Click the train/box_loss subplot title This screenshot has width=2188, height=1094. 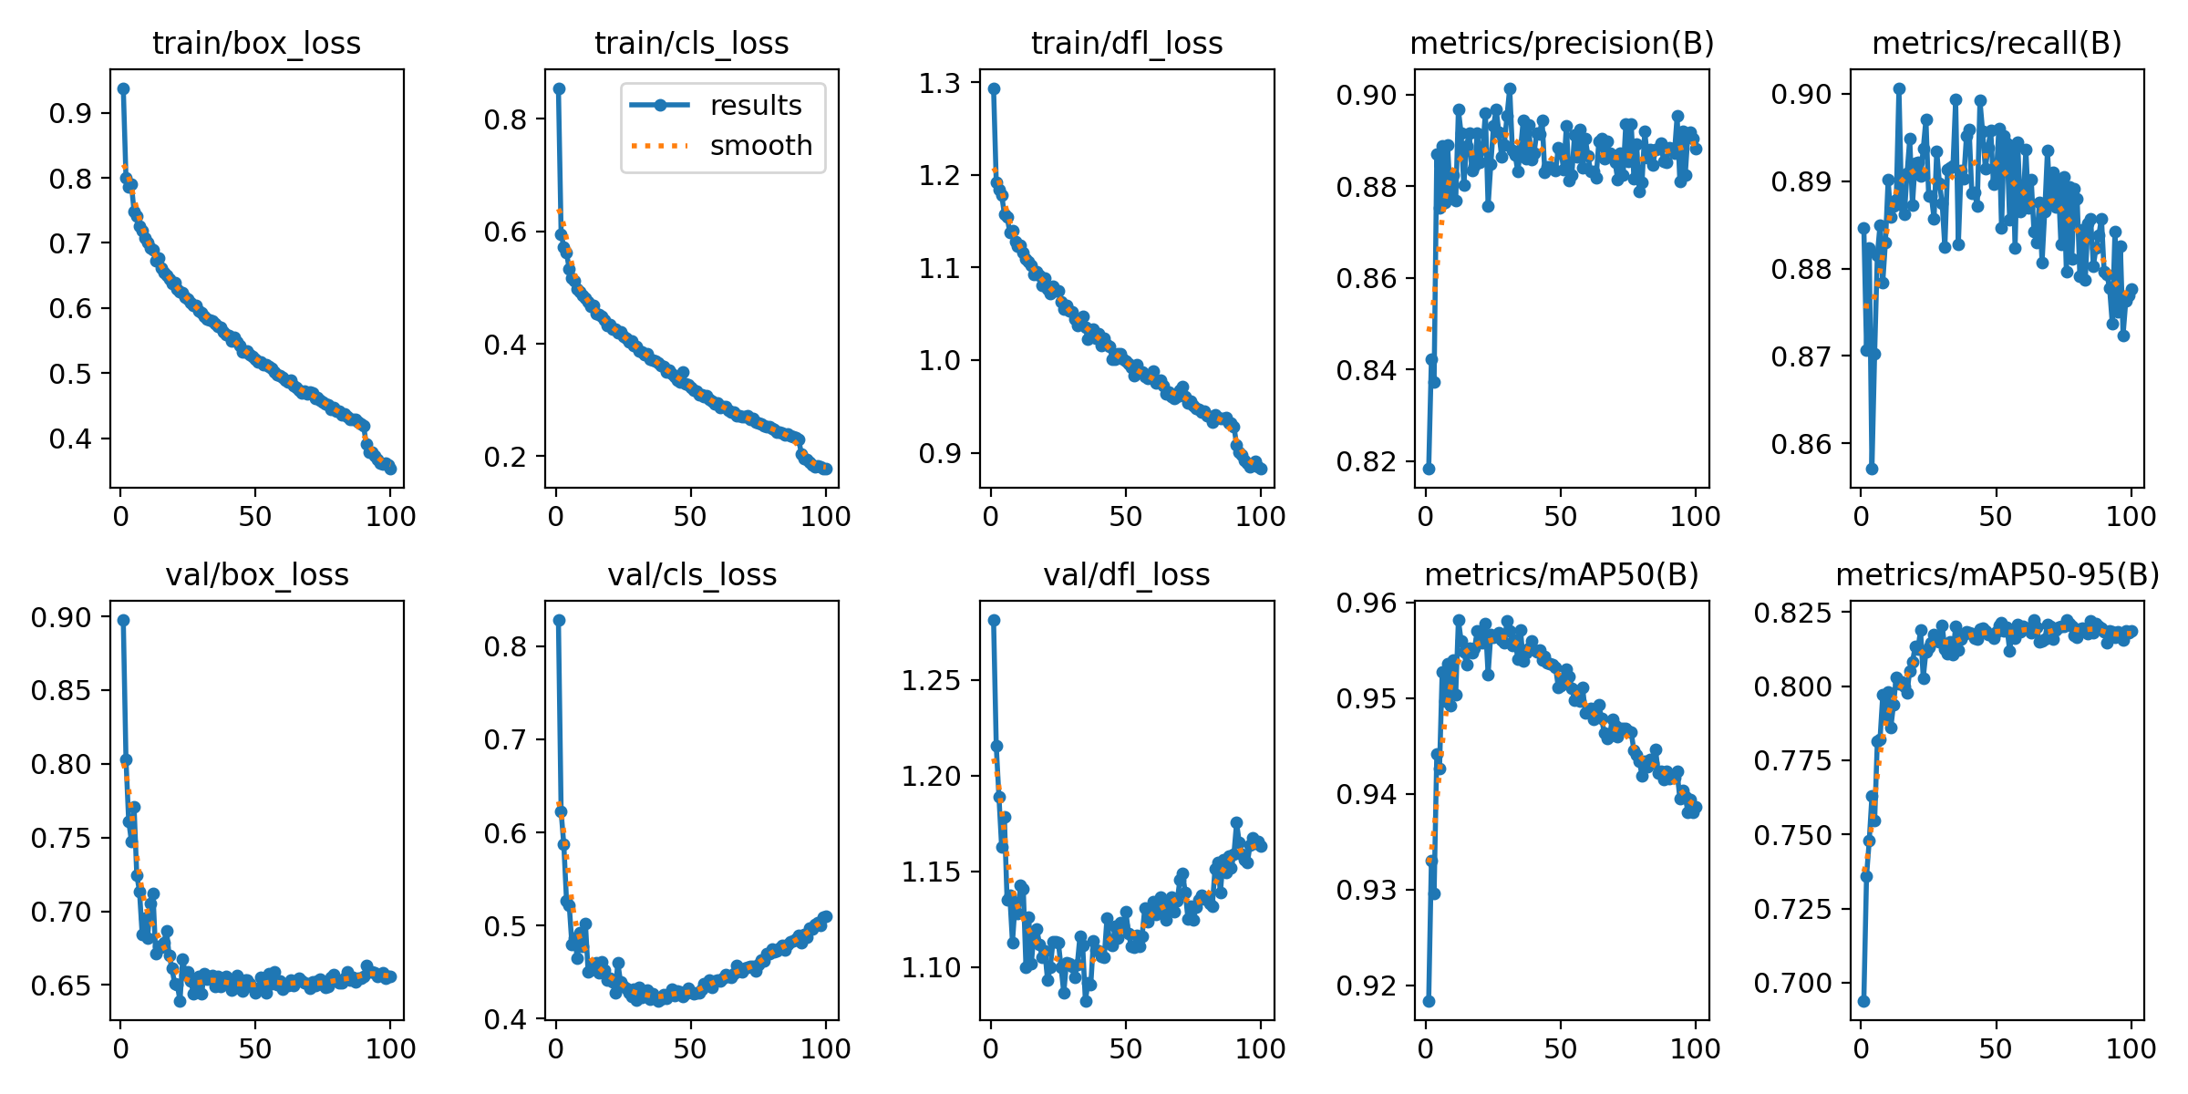[256, 44]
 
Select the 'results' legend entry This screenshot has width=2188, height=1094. [756, 106]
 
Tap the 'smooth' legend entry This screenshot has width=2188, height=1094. [760, 146]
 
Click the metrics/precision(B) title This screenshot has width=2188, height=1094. [1562, 44]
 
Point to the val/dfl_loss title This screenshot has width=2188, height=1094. [1127, 575]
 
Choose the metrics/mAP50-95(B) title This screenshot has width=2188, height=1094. [1997, 575]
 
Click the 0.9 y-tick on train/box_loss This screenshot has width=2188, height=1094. [70, 114]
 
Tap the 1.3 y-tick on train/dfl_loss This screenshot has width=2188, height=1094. [940, 84]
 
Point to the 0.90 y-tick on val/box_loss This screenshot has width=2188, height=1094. [61, 618]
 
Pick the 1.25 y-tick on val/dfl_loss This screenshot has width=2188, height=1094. [931, 680]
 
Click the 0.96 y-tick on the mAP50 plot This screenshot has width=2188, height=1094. [1366, 604]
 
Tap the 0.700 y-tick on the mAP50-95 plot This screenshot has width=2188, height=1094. [1791, 984]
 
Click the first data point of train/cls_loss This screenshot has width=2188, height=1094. [559, 88]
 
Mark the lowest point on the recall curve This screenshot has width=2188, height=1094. [1872, 469]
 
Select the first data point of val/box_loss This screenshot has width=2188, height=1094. [123, 620]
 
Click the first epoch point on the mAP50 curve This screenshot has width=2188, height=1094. [1429, 1001]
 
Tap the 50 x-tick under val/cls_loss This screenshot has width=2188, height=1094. [690, 1049]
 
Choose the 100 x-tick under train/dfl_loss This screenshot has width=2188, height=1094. [1260, 517]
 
